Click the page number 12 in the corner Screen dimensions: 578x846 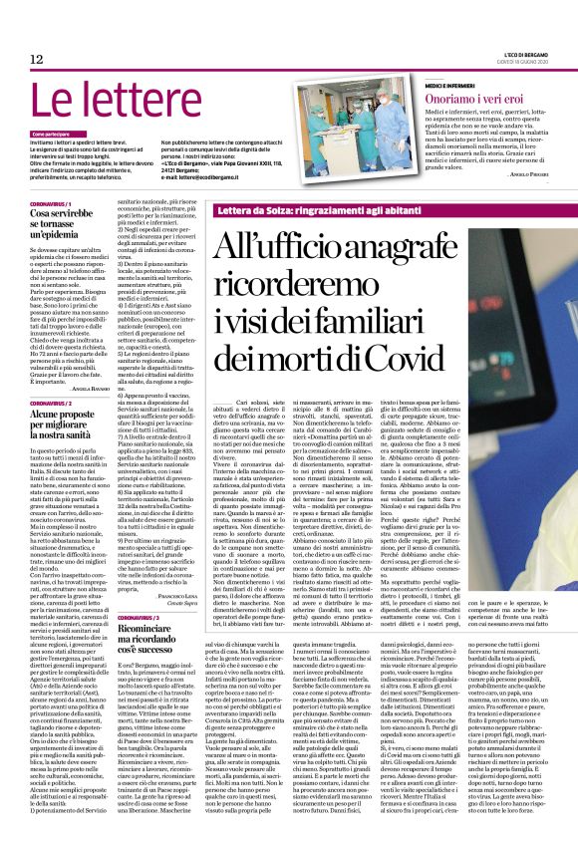[x=36, y=59]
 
